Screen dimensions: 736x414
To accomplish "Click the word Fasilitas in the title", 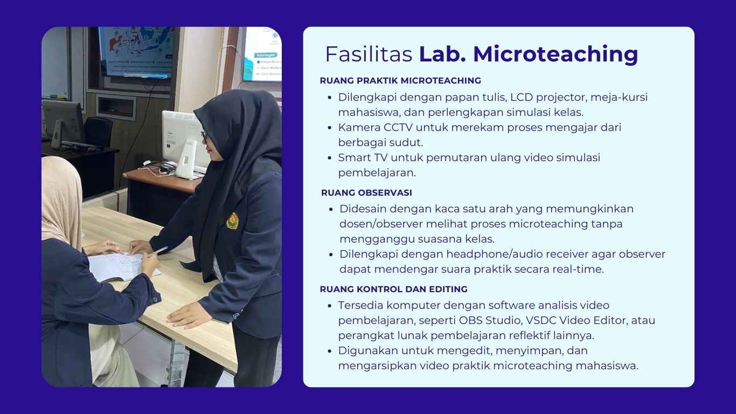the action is [369, 54].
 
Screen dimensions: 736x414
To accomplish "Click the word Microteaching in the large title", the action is [556, 54].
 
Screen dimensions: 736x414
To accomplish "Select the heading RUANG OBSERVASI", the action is [366, 192].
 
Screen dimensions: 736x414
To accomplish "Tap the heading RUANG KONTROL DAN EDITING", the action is [394, 289].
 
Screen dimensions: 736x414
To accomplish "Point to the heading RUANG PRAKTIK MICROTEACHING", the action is [400, 80].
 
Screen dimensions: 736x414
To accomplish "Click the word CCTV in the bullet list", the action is [398, 127].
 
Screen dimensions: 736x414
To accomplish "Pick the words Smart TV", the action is [363, 157].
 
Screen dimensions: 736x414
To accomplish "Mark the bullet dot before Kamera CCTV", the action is [330, 128].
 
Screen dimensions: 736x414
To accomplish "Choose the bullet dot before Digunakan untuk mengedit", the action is [330, 351].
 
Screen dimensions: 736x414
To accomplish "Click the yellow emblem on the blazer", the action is [233, 220].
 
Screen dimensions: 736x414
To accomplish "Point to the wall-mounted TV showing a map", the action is [136, 52].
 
